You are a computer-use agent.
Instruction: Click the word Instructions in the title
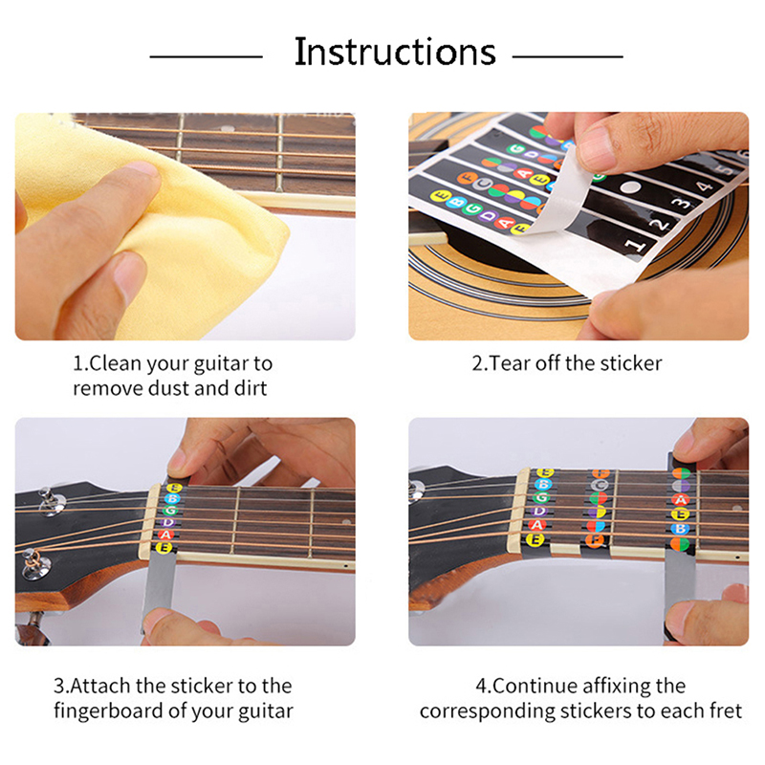click(395, 52)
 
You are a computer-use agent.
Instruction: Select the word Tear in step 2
click(511, 363)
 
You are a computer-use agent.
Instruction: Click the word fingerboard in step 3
click(109, 711)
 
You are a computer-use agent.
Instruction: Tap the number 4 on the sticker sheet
click(704, 186)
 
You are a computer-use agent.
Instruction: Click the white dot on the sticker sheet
click(630, 187)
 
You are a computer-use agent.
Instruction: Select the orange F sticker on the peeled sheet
click(467, 179)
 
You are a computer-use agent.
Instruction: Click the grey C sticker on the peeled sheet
click(482, 184)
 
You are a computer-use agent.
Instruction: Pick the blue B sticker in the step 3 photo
click(171, 498)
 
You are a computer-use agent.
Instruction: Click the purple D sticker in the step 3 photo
click(168, 522)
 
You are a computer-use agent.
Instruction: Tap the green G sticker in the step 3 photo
click(169, 511)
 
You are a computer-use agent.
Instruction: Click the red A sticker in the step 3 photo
click(165, 535)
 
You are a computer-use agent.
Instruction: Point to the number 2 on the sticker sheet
click(659, 225)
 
